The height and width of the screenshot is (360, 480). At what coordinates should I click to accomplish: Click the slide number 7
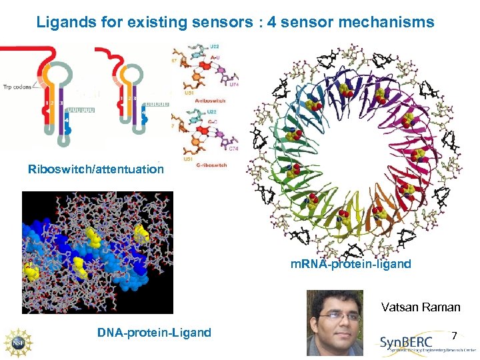[455, 335]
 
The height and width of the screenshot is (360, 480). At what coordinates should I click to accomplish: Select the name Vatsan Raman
[421, 307]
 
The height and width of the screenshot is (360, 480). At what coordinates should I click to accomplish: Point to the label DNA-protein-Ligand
[154, 333]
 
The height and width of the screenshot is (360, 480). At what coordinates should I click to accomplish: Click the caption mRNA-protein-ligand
[351, 264]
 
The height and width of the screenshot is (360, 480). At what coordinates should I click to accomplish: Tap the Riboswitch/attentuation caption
[96, 169]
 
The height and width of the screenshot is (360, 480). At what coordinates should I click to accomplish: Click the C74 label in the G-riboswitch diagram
[233, 149]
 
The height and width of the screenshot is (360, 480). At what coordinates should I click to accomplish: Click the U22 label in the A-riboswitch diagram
[213, 47]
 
